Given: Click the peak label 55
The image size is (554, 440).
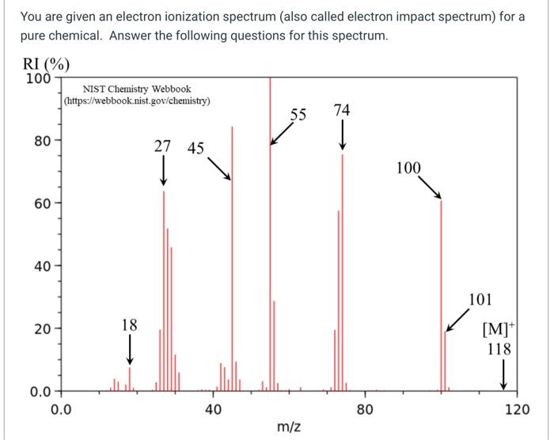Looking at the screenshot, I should [x=297, y=114].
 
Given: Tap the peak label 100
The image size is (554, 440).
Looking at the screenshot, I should [x=408, y=168].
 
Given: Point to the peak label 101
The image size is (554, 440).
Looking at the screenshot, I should [x=480, y=300].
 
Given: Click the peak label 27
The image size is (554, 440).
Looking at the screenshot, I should [x=162, y=146].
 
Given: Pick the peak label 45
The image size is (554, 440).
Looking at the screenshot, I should [x=195, y=148].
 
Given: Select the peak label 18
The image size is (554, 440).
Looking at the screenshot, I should [x=129, y=324].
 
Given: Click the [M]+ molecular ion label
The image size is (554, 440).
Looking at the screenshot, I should [x=500, y=330].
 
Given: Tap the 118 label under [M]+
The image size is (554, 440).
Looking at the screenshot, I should [x=499, y=349].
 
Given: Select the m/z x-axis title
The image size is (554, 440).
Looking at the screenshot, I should [x=288, y=427].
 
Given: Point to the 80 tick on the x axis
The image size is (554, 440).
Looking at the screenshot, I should [x=365, y=409].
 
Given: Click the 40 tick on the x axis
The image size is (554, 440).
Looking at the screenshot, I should [x=212, y=409].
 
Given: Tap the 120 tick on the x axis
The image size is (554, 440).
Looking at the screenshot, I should [x=517, y=409].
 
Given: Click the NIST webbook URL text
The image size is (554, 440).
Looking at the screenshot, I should [x=137, y=101].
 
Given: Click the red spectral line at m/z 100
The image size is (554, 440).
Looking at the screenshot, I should [x=441, y=301].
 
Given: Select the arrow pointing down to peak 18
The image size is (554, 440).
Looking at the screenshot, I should [x=130, y=347].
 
